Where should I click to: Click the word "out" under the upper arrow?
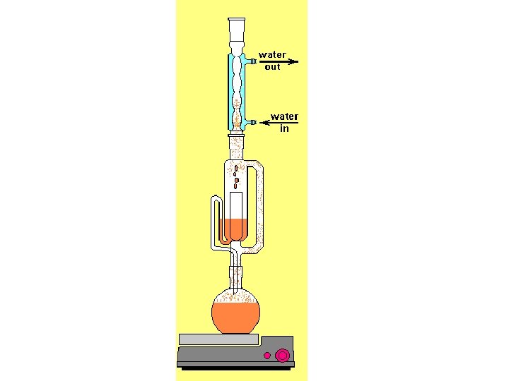(x=272, y=68)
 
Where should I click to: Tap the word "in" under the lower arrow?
(x=284, y=129)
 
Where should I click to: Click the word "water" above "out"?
(x=272, y=54)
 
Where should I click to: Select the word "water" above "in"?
(x=284, y=116)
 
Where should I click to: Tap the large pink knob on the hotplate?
(x=282, y=356)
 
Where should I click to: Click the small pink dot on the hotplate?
(x=267, y=356)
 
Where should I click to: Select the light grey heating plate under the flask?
(x=218, y=339)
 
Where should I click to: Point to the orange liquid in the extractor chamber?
(x=235, y=229)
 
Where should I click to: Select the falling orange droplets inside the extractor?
(x=235, y=176)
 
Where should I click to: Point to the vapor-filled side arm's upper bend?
(x=260, y=167)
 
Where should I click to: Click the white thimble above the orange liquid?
(x=235, y=205)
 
